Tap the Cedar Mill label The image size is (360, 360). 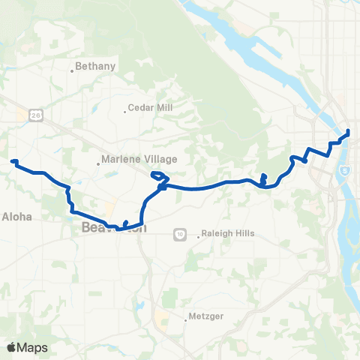pyautogui.click(x=151, y=108)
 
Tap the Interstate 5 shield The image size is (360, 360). pyautogui.click(x=343, y=172)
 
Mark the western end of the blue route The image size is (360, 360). pyautogui.click(x=12, y=161)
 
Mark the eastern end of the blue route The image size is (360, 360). pyautogui.click(x=349, y=133)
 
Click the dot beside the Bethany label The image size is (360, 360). pyautogui.click(x=72, y=71)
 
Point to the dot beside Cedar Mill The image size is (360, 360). pyautogui.click(x=125, y=112)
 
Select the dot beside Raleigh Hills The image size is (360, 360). pyautogui.click(x=199, y=238)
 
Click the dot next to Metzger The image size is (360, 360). pyautogui.click(x=185, y=322)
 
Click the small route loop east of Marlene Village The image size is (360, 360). pyautogui.click(x=159, y=177)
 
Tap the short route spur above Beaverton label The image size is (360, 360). pyautogui.click(x=126, y=223)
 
